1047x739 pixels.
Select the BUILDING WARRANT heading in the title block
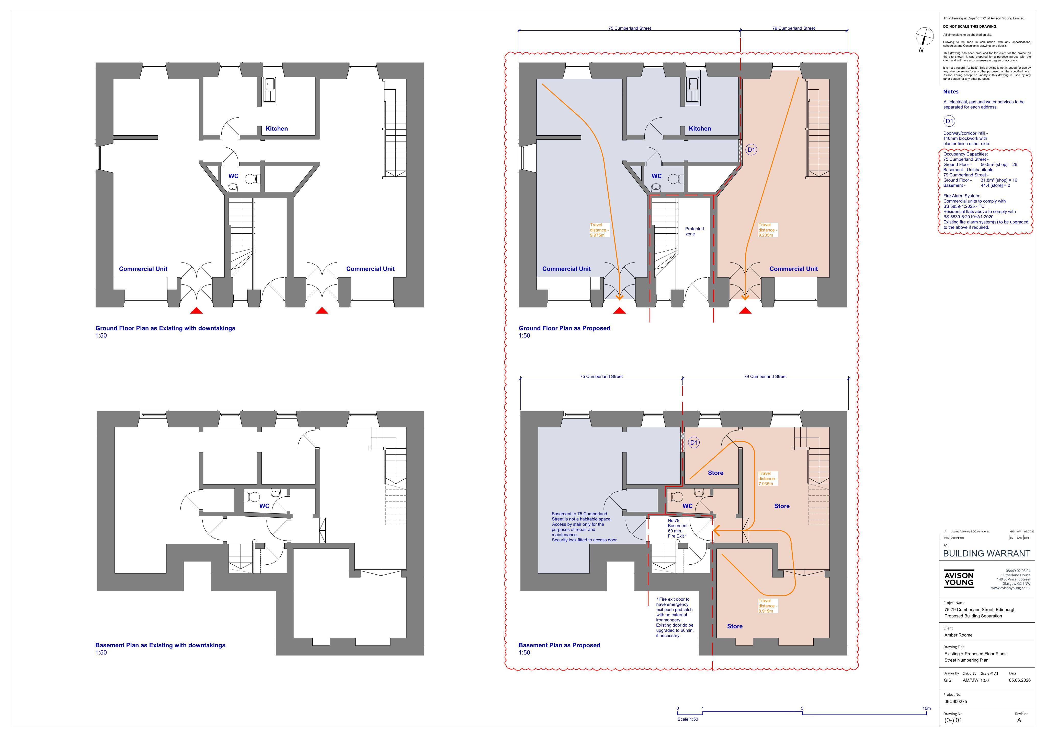coord(986,554)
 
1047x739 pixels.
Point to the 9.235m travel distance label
coord(767,230)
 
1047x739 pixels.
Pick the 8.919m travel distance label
coord(767,606)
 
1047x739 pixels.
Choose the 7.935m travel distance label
coord(767,479)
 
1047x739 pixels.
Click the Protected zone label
coord(694,231)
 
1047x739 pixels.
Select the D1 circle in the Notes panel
coord(949,121)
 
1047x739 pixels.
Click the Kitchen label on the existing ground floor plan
coord(276,128)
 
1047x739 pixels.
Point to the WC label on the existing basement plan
coord(265,506)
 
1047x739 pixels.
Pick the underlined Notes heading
coord(951,92)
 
